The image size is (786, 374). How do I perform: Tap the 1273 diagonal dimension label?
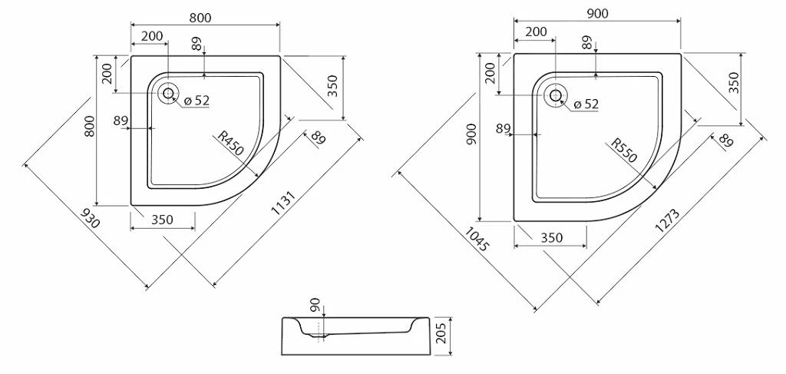pyautogui.click(x=667, y=221)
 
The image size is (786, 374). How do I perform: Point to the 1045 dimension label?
pyautogui.click(x=476, y=239)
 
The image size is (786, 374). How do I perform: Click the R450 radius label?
pyautogui.click(x=230, y=143)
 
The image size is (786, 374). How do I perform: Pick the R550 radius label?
pyautogui.click(x=624, y=151)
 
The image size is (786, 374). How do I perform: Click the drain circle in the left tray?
pyautogui.click(x=168, y=93)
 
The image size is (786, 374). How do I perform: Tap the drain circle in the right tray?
pyautogui.click(x=556, y=94)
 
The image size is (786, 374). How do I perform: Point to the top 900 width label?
pyautogui.click(x=597, y=14)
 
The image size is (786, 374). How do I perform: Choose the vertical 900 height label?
pyautogui.click(x=472, y=135)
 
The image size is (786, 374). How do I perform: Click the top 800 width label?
pyautogui.click(x=200, y=18)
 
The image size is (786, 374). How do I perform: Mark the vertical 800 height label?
pyautogui.click(x=89, y=127)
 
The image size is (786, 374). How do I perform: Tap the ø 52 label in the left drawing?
pyautogui.click(x=196, y=101)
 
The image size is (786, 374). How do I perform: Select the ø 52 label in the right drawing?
pyautogui.click(x=586, y=104)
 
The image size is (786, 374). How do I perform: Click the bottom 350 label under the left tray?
pyautogui.click(x=162, y=220)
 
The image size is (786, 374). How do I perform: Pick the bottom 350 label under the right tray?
pyautogui.click(x=551, y=237)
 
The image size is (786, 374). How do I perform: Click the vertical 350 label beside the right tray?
pyautogui.click(x=734, y=83)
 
